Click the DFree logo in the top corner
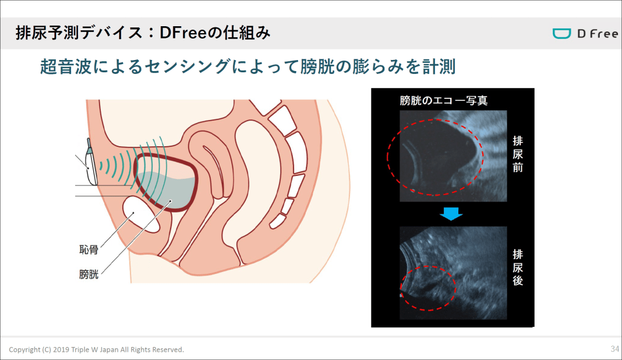tap(585, 33)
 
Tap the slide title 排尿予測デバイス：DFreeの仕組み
tap(143, 33)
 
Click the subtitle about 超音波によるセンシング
tap(248, 66)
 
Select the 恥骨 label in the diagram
tap(89, 250)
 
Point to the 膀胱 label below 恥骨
tap(89, 274)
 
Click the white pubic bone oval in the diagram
tap(141, 214)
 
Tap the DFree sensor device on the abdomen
tap(91, 163)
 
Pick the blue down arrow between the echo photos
tap(451, 214)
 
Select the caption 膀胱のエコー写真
tap(443, 100)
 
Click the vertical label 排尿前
tap(518, 154)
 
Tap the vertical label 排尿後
tap(518, 267)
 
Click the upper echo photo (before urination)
tap(453, 156)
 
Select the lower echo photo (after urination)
tap(453, 273)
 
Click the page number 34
tap(614, 349)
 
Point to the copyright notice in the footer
tap(97, 350)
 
